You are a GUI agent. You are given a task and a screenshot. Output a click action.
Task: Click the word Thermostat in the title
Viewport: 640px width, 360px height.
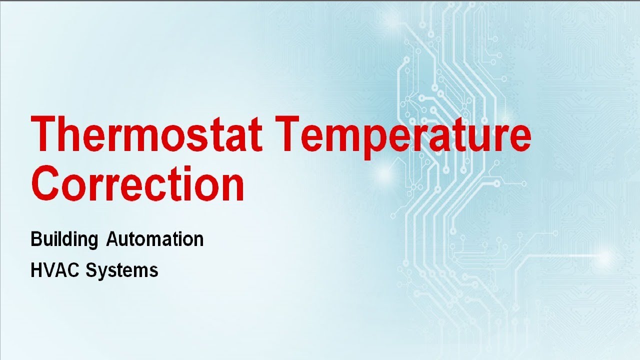(x=146, y=134)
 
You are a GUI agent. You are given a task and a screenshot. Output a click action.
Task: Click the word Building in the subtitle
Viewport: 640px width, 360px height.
(x=64, y=240)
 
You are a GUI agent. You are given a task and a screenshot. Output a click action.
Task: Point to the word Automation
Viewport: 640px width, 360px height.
(x=155, y=239)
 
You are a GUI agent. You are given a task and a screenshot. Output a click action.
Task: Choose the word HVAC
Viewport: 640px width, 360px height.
(x=55, y=270)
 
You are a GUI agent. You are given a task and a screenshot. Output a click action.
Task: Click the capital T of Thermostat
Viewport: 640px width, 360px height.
(x=45, y=133)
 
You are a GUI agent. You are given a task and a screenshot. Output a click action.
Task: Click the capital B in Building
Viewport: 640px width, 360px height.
(x=35, y=239)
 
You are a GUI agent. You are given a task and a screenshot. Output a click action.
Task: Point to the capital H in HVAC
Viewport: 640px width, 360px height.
(x=35, y=270)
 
